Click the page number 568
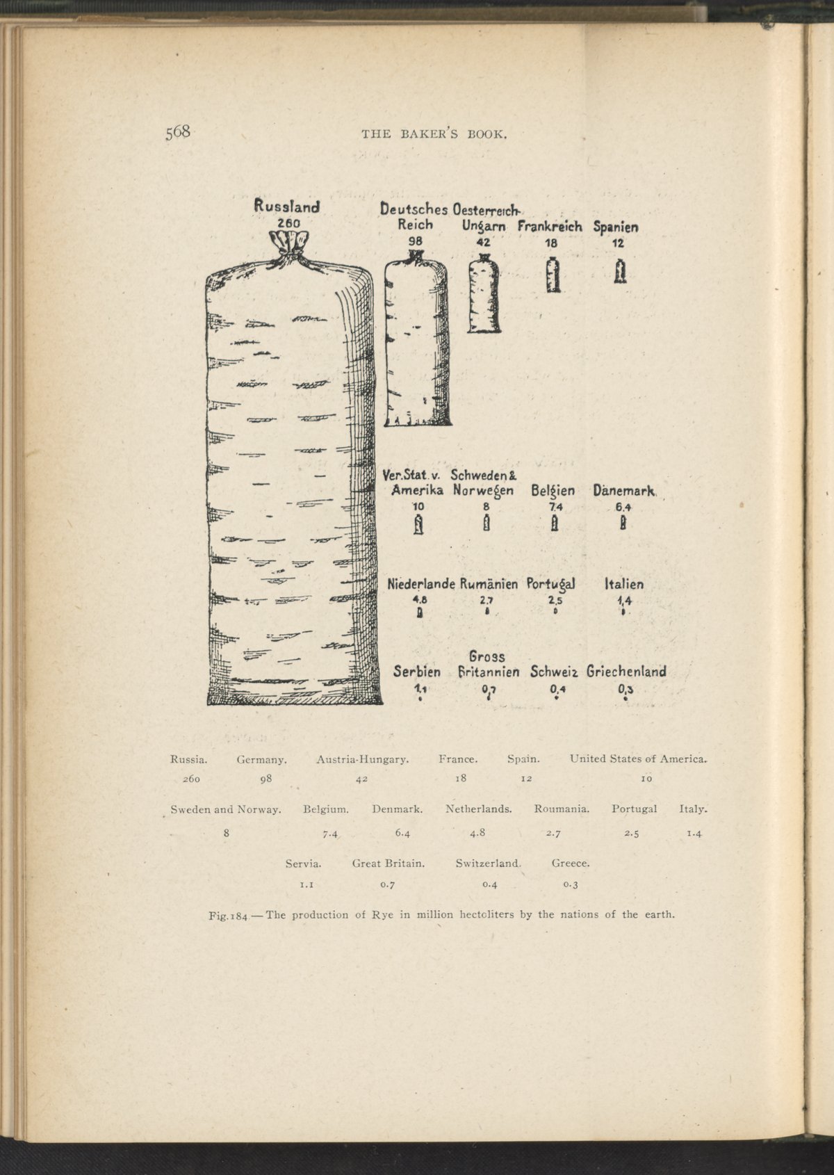pos(178,131)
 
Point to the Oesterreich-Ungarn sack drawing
pos(484,293)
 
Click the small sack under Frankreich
pos(553,275)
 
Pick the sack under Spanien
pos(620,271)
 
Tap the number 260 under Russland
pos(289,223)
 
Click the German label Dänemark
pos(624,490)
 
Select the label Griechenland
pos(626,672)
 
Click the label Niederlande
pos(421,584)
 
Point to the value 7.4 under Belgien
pos(555,508)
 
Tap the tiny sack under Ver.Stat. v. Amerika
pos(418,524)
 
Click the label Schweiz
pos(554,672)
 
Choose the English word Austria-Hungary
pos(362,759)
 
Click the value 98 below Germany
pos(266,779)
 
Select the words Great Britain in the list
pos(389,863)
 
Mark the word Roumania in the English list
pos(562,809)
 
